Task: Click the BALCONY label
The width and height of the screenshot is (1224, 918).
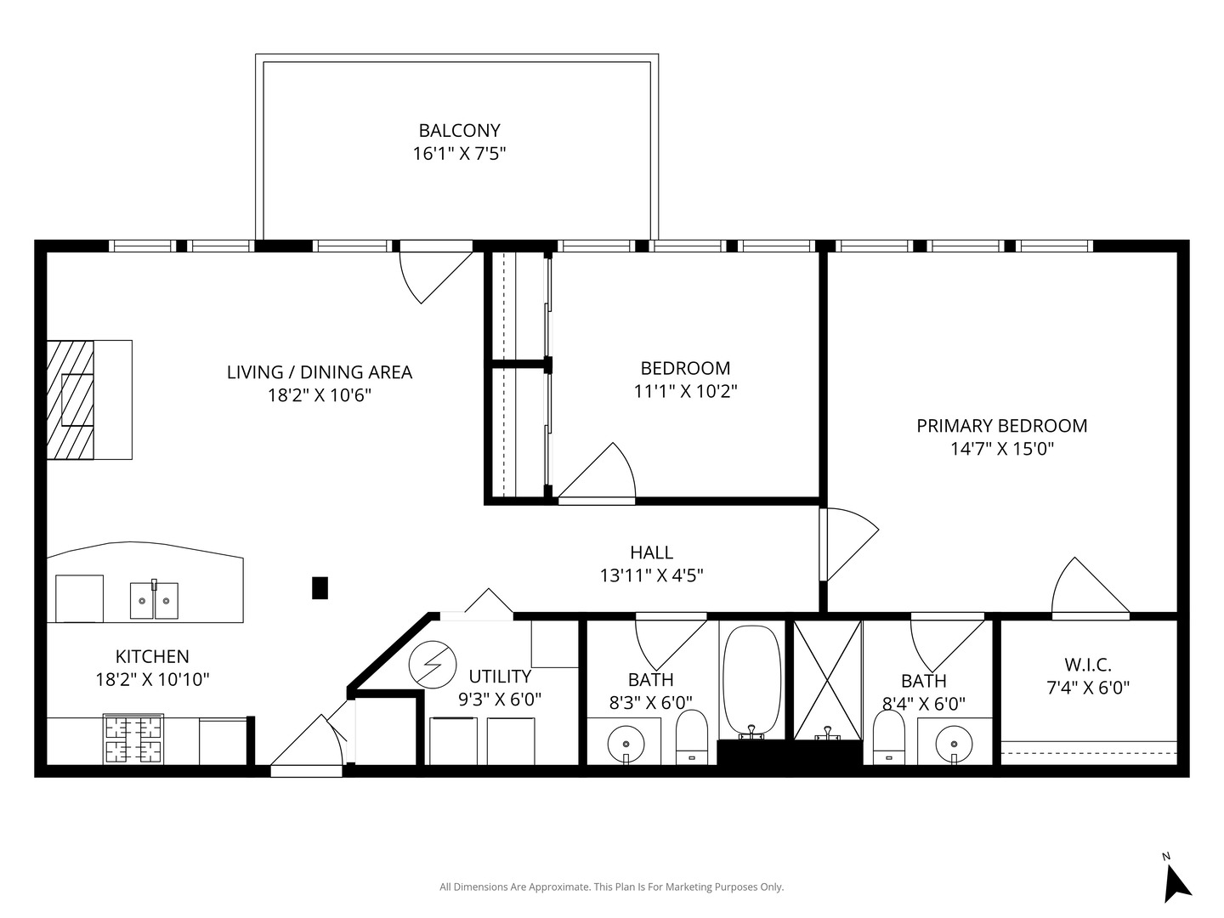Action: [459, 130]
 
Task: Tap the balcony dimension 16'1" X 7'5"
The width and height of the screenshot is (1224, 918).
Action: [459, 153]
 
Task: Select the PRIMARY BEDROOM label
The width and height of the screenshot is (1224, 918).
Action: [1002, 426]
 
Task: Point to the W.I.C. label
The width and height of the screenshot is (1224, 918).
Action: [1088, 665]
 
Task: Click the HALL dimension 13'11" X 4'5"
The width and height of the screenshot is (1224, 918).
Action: [651, 575]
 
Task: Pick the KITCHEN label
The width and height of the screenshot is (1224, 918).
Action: [152, 656]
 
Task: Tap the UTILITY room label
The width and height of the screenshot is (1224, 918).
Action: [500, 676]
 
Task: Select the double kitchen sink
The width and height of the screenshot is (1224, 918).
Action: [154, 600]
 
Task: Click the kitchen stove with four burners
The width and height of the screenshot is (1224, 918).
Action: [133, 739]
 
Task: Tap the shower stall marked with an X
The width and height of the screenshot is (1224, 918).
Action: [828, 680]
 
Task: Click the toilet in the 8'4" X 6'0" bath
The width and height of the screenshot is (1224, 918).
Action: [889, 737]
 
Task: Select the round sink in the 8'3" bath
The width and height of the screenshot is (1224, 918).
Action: [626, 744]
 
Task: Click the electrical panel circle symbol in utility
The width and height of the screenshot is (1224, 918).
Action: [432, 665]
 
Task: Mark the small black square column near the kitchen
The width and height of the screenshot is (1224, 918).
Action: [320, 588]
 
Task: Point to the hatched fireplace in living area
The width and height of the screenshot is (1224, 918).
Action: [70, 399]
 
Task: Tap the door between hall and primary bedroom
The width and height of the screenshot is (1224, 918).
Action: [848, 544]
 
